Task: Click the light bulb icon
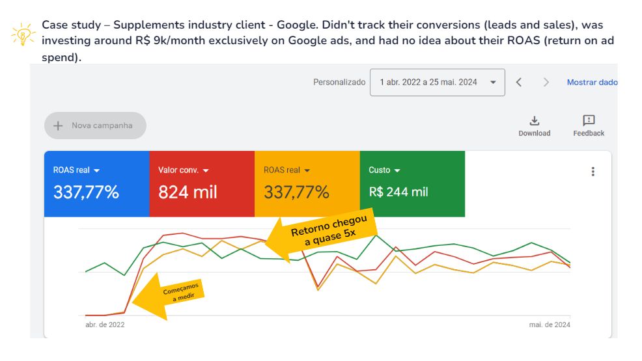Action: coord(23,34)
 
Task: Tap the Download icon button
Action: coord(535,121)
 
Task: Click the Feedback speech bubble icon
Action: coord(589,120)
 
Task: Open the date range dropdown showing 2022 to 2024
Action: coord(438,82)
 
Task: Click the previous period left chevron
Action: coord(519,82)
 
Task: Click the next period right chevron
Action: coord(546,82)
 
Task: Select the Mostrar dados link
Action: coord(592,82)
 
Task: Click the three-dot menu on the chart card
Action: coord(593,171)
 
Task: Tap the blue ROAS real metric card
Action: coord(96,183)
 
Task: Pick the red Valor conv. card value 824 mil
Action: coord(188,192)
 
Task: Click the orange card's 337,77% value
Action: coord(296,192)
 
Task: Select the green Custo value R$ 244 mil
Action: coord(398,192)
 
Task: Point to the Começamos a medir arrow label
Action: coord(180,291)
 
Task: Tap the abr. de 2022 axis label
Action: coord(105,325)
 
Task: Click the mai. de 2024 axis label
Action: coord(550,325)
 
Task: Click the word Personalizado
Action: coord(339,82)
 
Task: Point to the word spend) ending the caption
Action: coord(61,57)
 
